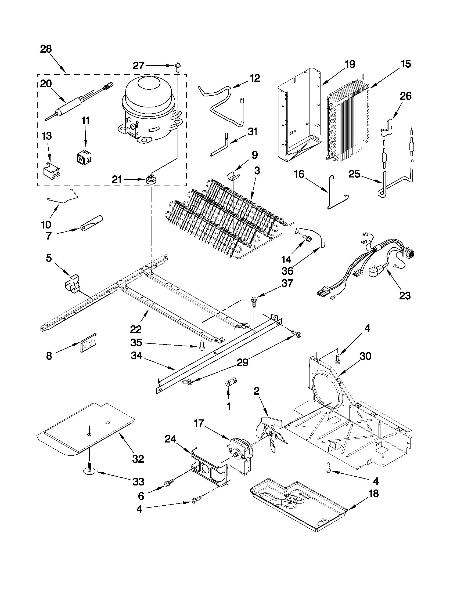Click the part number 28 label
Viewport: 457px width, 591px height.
click(x=46, y=49)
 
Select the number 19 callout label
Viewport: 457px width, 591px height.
click(x=350, y=64)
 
